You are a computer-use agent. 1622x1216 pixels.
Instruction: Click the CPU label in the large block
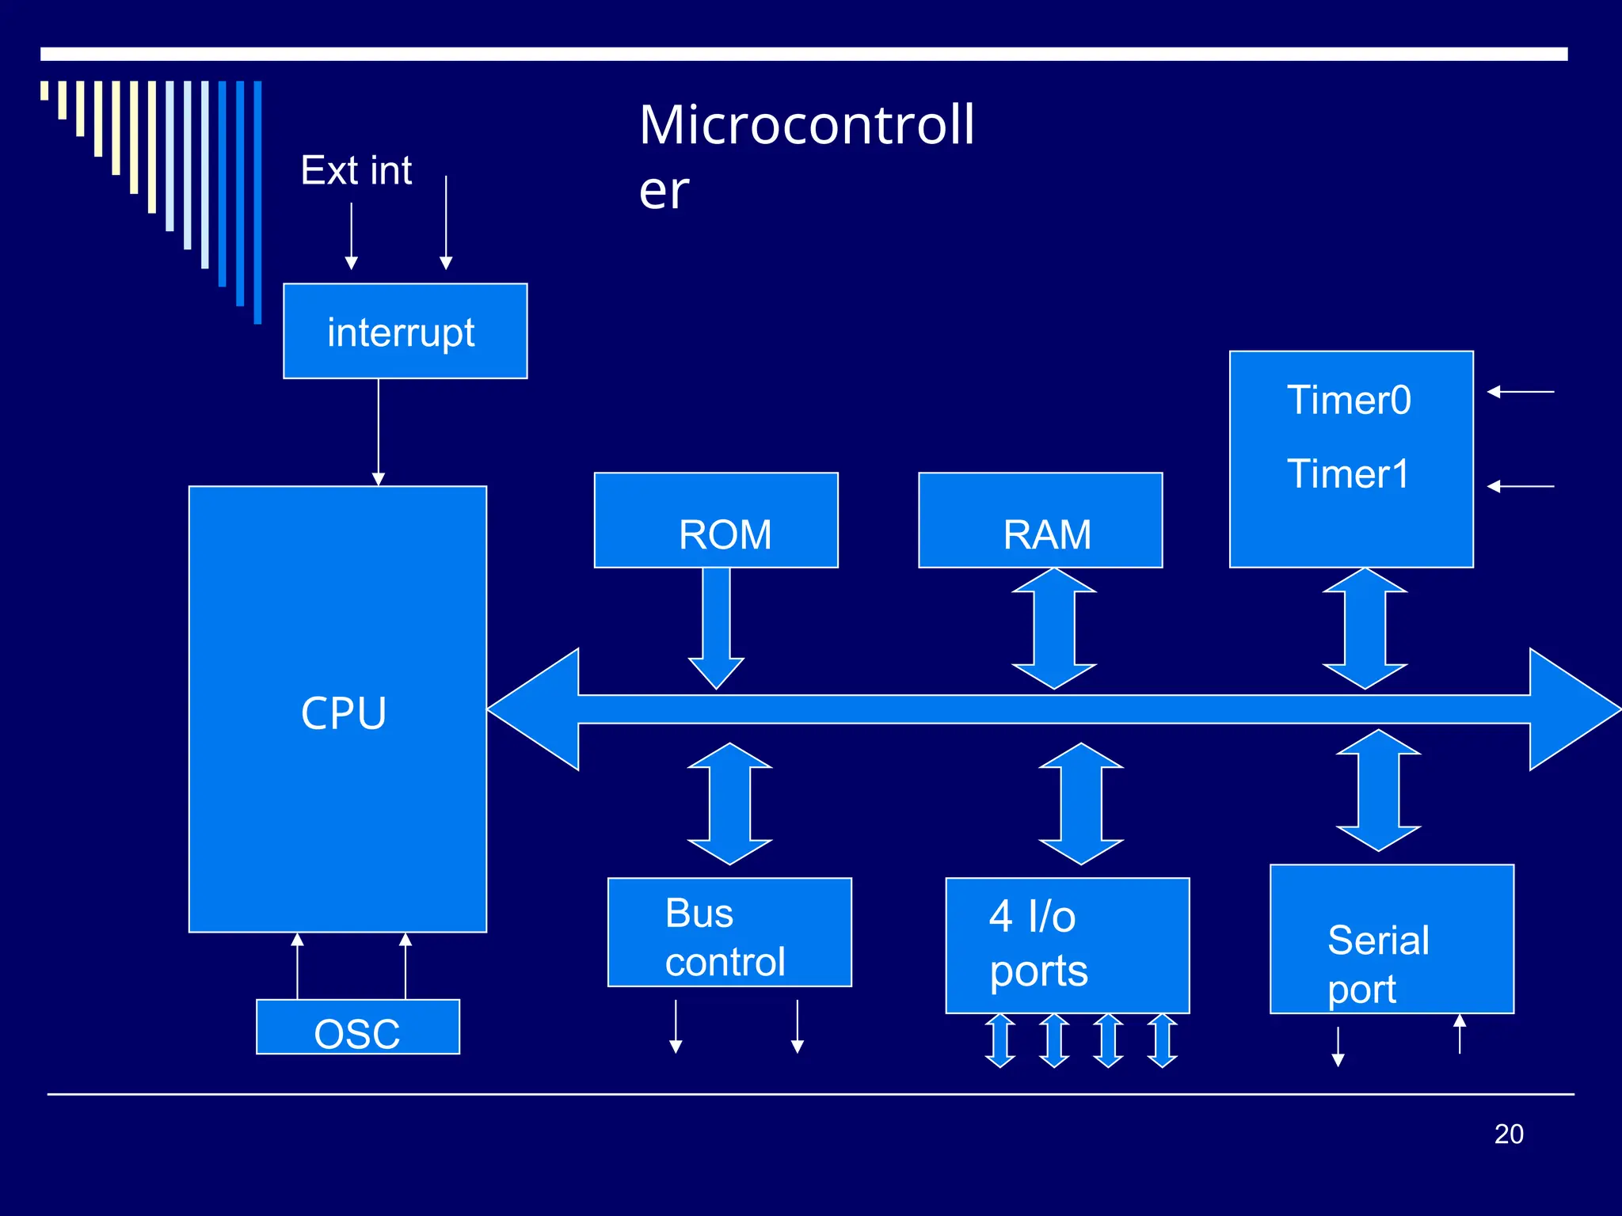tap(343, 712)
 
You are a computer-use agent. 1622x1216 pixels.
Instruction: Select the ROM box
tap(716, 520)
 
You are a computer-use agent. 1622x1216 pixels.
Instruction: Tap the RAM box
tap(1040, 520)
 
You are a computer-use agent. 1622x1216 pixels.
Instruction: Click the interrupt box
tap(405, 331)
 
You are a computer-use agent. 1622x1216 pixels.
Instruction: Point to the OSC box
tap(357, 1027)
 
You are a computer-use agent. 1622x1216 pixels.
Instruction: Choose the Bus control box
tap(729, 932)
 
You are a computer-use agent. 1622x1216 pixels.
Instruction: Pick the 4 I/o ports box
tap(1067, 945)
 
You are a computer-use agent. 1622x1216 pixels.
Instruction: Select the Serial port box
tap(1392, 939)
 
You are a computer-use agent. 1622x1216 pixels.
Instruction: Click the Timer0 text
tap(1349, 400)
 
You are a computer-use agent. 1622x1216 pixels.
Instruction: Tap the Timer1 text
tap(1348, 474)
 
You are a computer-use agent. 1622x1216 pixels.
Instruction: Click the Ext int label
tap(356, 170)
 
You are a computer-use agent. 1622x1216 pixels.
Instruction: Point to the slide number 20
tap(1509, 1134)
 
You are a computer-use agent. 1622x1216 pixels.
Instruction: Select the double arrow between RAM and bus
tap(1053, 628)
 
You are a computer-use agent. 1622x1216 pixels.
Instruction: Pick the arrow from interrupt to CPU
tap(379, 431)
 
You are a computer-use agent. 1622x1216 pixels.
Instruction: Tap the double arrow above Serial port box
tap(1378, 790)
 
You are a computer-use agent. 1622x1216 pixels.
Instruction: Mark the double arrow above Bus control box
tap(729, 804)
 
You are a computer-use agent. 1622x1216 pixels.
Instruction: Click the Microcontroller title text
tap(805, 156)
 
